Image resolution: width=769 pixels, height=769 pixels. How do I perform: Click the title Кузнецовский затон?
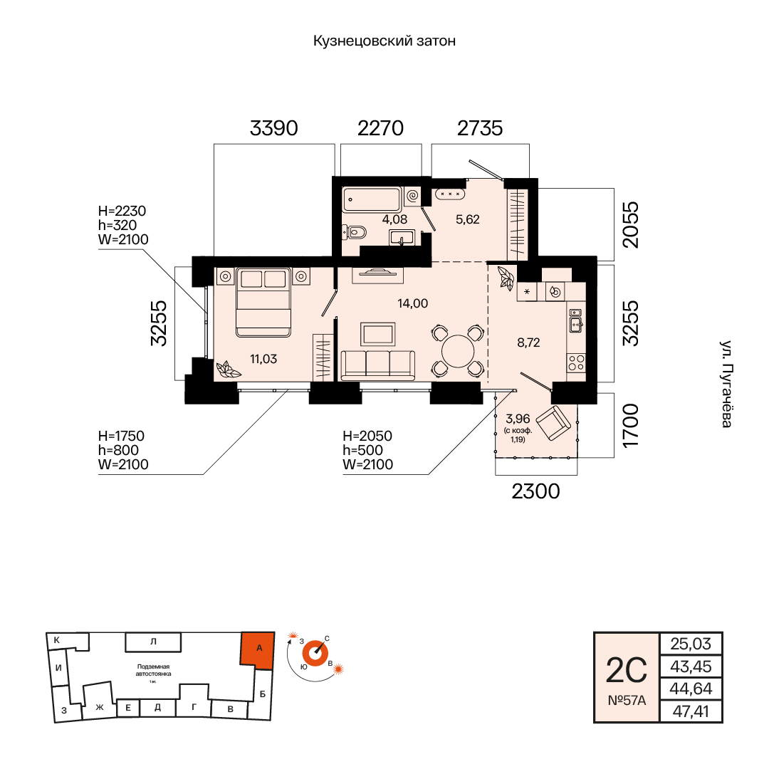(384, 41)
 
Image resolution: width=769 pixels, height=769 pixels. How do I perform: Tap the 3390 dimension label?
(273, 128)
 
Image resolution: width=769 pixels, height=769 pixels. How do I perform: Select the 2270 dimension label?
(380, 128)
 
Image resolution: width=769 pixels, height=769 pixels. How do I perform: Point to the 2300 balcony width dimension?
(535, 491)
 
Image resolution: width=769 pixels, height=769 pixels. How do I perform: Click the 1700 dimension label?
(631, 425)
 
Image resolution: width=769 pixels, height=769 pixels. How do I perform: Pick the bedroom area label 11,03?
(263, 359)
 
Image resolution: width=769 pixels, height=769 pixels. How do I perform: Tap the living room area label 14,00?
(412, 303)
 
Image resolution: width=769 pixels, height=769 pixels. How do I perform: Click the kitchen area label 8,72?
(528, 342)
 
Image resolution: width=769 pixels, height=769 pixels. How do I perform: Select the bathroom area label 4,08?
(394, 219)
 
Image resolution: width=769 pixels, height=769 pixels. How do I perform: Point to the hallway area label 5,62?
(467, 219)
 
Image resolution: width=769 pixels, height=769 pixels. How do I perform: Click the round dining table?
(458, 351)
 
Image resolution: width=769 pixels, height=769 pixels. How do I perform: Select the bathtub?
(372, 199)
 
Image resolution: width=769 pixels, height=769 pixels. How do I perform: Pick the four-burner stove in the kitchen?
(576, 363)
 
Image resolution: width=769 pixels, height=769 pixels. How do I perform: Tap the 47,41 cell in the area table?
(691, 711)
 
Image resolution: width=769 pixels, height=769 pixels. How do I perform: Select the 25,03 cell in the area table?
(691, 644)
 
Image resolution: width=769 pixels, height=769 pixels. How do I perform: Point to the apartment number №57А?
(627, 701)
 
